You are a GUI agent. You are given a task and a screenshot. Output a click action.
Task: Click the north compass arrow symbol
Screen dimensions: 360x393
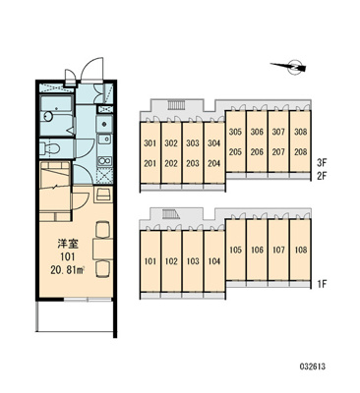tap(289, 67)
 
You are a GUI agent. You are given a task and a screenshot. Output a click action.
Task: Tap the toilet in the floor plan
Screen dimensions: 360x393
tap(50, 147)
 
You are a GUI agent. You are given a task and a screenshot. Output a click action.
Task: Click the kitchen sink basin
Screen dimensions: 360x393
tap(104, 140)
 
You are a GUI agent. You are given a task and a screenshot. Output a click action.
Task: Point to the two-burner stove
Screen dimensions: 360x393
tap(105, 161)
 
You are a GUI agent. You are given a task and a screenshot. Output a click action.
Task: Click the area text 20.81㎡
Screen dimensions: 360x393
tap(68, 270)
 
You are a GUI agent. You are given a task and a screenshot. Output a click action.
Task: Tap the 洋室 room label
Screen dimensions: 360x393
tap(68, 244)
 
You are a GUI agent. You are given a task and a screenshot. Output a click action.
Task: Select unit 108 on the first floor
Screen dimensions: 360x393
tap(300, 250)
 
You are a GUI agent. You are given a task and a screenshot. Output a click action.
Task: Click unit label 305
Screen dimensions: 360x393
tap(235, 132)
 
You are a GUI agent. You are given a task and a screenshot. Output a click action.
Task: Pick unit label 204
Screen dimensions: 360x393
tap(214, 163)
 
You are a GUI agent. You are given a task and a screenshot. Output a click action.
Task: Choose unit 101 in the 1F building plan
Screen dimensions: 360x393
tap(150, 260)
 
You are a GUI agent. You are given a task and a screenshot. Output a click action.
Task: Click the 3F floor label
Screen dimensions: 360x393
tap(322, 162)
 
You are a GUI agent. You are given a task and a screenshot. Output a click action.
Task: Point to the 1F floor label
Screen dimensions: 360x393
tap(323, 284)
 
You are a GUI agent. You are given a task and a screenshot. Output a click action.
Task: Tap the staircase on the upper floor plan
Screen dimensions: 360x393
tap(177, 105)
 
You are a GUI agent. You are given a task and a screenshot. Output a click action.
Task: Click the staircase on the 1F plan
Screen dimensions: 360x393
tap(171, 214)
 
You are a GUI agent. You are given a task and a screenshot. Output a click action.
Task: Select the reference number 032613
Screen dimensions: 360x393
tap(312, 366)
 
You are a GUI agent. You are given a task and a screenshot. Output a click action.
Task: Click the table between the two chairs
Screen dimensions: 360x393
tap(103, 250)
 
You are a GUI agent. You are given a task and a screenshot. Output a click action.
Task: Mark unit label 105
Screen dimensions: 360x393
tap(235, 250)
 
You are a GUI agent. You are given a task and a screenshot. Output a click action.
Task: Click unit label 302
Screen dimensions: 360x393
tap(171, 143)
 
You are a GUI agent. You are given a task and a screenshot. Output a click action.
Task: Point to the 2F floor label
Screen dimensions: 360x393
tap(322, 177)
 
